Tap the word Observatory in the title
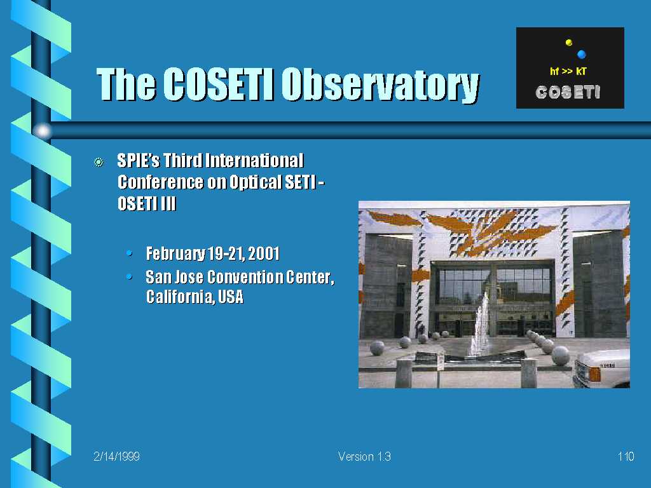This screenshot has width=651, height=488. [380, 85]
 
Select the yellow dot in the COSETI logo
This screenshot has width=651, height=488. [569, 43]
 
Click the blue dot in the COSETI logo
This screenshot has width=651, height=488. [581, 54]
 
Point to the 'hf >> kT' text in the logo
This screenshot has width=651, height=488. [568, 71]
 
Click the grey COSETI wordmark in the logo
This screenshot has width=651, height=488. [568, 92]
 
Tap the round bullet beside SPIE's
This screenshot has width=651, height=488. [99, 162]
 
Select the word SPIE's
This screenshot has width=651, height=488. [139, 161]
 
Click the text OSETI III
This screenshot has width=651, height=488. [147, 203]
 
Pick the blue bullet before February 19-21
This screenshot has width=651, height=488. [130, 253]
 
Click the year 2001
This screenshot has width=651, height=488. [264, 254]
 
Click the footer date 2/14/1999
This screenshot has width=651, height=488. [117, 456]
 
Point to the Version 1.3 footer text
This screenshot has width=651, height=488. [364, 456]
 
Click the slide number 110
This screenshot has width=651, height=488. [626, 456]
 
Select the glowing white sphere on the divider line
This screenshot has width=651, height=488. [43, 131]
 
